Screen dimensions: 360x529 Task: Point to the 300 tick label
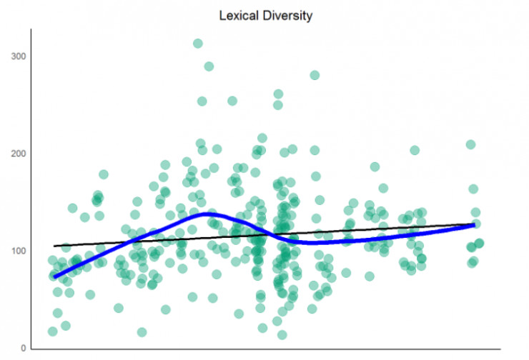[19, 56]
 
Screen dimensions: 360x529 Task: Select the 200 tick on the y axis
[19, 154]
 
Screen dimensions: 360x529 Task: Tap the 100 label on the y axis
[19, 251]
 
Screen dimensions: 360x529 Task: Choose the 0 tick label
[24, 348]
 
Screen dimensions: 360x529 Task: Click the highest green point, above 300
[198, 44]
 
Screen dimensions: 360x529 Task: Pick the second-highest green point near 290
[209, 66]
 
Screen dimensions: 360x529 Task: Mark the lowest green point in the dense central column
[282, 334]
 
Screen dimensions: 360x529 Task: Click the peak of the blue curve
[207, 214]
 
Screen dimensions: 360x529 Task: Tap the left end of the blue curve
[54, 276]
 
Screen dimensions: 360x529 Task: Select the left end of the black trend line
[54, 246]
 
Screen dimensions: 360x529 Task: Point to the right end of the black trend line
[475, 224]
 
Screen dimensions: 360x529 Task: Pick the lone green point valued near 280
[315, 75]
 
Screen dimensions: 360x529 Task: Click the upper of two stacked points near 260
[278, 94]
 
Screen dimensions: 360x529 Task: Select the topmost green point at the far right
[470, 144]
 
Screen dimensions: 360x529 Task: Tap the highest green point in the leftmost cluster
[104, 174]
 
